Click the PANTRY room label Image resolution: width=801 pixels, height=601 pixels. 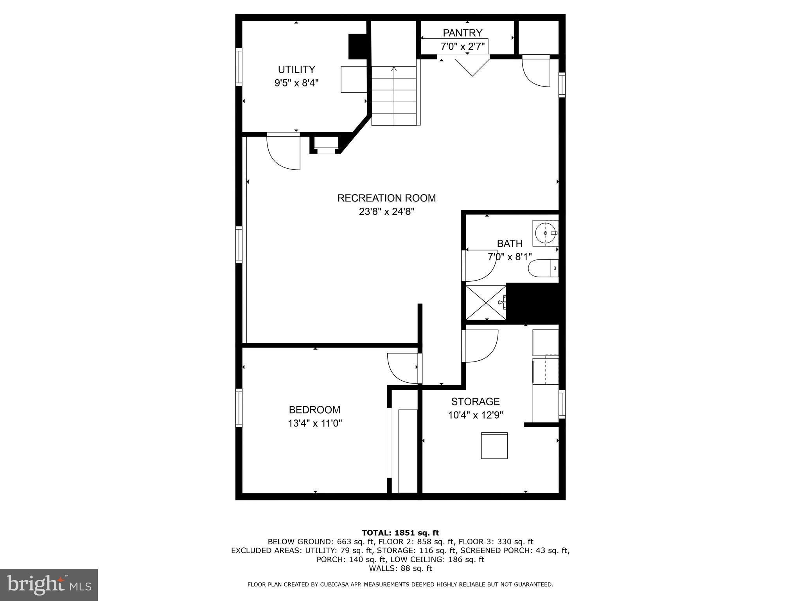coord(462,33)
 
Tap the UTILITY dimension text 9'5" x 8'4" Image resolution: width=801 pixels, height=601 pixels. coord(296,83)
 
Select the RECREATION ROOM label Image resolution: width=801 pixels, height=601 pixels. coord(386,198)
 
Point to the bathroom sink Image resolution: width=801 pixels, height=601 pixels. coord(545,233)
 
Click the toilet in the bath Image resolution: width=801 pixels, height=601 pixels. coord(543,268)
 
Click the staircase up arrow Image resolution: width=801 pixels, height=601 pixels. coord(394,70)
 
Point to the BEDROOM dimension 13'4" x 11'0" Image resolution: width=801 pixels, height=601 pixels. coord(315,423)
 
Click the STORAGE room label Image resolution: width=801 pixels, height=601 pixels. coord(475,401)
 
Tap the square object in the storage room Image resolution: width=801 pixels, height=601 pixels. coord(494,445)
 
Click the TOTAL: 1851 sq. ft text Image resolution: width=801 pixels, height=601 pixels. coord(400,533)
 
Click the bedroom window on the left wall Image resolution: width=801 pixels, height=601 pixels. coord(239,408)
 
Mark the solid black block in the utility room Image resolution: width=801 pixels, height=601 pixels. coord(358,47)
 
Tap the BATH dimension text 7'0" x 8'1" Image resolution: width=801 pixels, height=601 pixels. coord(509,257)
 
